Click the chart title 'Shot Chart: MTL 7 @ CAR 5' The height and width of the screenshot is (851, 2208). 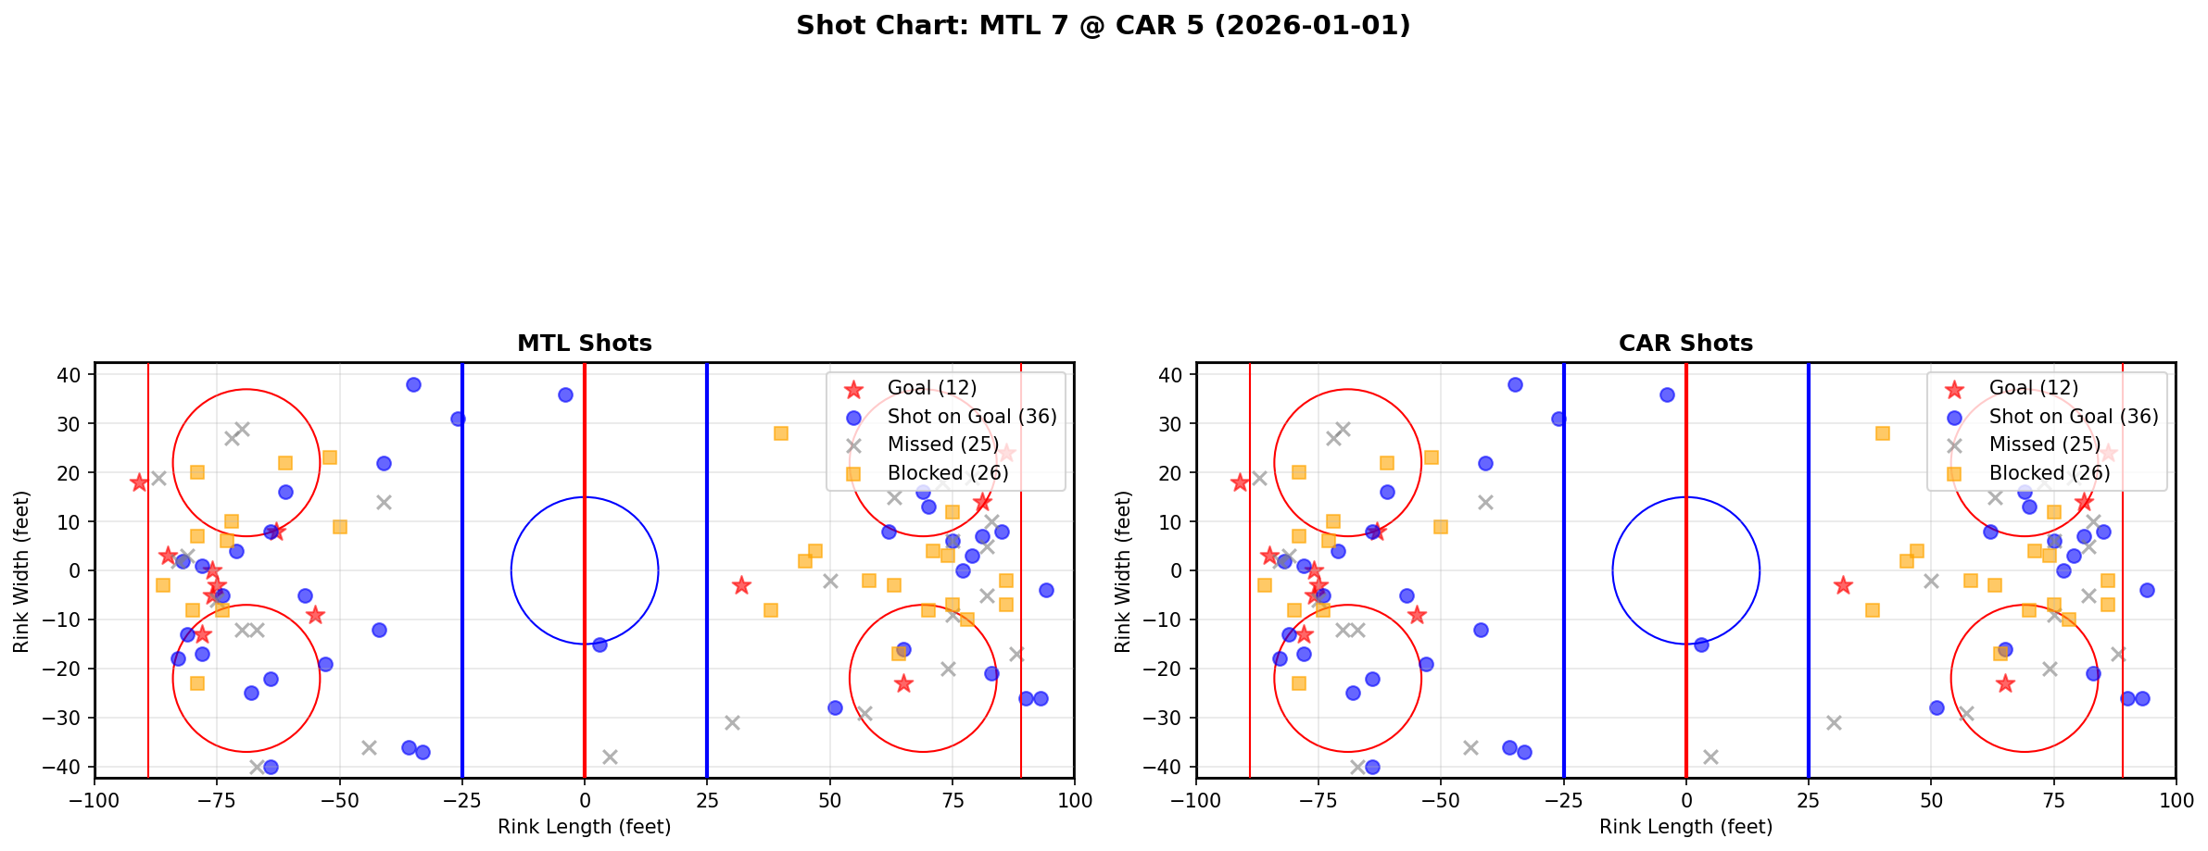(x=1103, y=25)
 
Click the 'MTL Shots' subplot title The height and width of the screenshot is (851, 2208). (x=584, y=344)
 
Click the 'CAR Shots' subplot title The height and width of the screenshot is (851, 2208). (x=1685, y=344)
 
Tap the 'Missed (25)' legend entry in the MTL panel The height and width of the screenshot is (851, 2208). (x=942, y=444)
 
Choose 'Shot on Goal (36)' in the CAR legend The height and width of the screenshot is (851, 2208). (x=2074, y=417)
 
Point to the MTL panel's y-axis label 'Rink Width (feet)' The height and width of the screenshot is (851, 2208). (x=21, y=570)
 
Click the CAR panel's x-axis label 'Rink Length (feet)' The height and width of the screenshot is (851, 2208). (x=1685, y=827)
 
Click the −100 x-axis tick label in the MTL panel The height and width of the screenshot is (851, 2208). (x=95, y=800)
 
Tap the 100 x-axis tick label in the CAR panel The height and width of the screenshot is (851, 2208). (x=2176, y=800)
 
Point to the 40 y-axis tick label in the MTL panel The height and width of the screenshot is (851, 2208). (x=69, y=375)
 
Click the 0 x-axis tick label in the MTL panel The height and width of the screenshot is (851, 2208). (x=585, y=800)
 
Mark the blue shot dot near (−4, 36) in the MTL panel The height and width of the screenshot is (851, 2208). (x=565, y=394)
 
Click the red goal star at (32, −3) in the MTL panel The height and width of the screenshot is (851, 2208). (x=741, y=585)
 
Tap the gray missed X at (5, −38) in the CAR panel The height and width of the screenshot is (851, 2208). (x=1710, y=757)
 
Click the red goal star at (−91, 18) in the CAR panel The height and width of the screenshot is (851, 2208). (x=1240, y=482)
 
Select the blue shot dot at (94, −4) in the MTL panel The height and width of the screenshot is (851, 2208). (x=1046, y=590)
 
